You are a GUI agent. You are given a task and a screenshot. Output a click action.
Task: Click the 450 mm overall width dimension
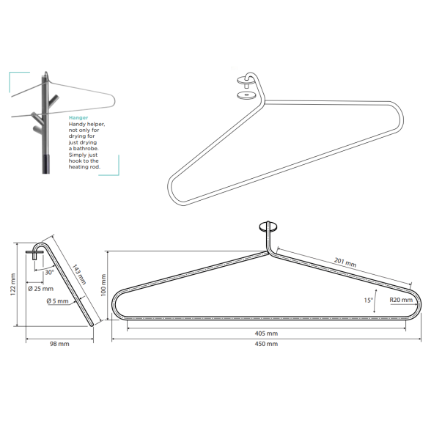[266, 344]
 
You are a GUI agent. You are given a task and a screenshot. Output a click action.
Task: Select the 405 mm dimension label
[266, 334]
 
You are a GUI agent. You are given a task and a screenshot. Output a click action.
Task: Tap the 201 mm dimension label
[345, 262]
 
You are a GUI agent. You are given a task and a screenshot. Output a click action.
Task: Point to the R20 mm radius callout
[401, 300]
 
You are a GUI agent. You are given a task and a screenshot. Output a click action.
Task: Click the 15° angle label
[368, 301]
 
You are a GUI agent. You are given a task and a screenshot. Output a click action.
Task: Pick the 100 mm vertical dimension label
[103, 285]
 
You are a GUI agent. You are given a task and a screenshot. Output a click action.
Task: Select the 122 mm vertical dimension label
[13, 284]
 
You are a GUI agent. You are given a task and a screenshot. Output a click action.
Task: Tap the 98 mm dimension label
[59, 344]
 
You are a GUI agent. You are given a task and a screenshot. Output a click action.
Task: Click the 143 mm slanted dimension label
[79, 274]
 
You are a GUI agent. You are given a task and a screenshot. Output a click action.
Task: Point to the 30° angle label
[50, 272]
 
